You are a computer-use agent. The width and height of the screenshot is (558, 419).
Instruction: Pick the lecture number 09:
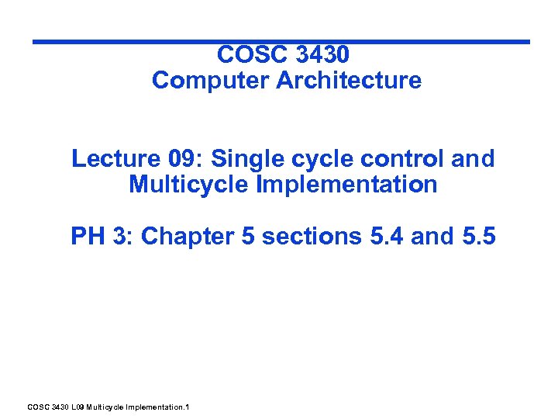pyautogui.click(x=183, y=158)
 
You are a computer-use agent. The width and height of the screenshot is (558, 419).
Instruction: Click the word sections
pyautogui.click(x=310, y=235)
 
